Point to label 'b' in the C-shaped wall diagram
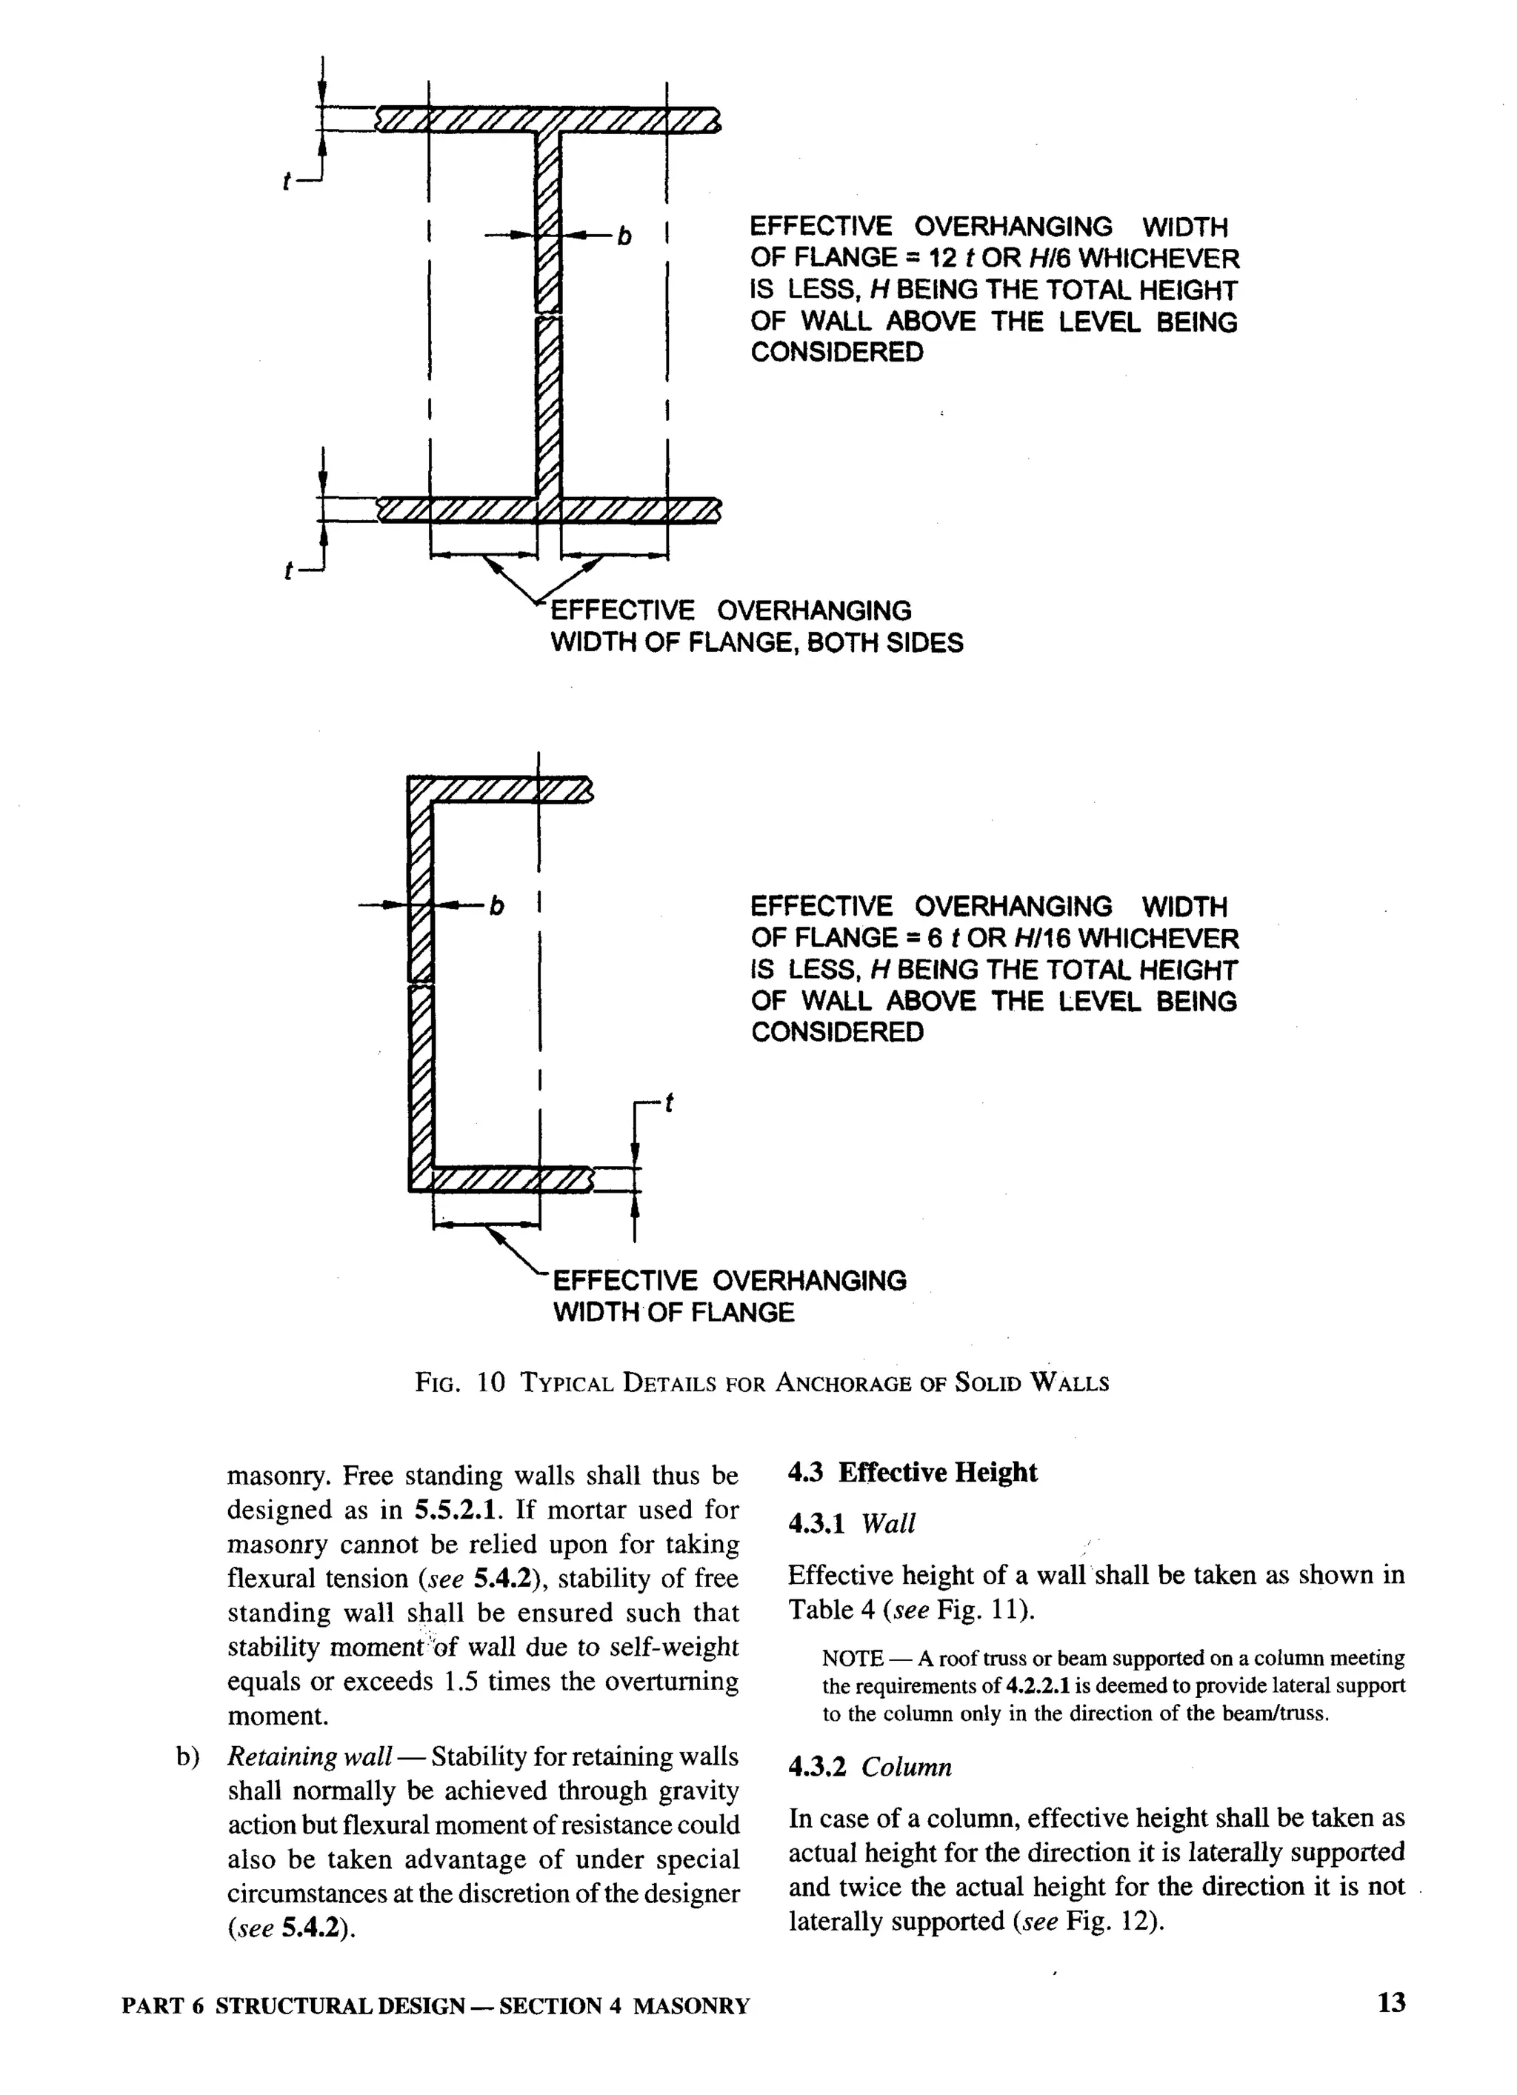tap(497, 906)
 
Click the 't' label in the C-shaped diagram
tap(669, 1103)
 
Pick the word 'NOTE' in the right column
tap(852, 1658)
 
